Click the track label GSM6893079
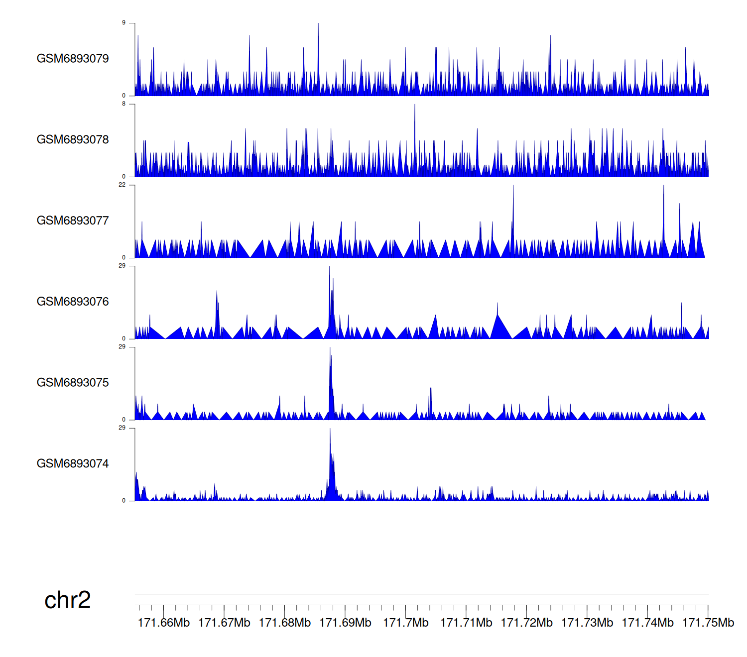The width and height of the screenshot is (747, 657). point(73,59)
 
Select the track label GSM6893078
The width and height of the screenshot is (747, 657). point(73,140)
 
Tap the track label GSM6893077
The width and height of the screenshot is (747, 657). point(73,221)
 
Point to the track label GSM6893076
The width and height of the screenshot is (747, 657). point(73,302)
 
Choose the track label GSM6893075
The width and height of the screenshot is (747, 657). point(73,383)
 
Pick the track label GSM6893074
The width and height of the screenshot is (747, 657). point(73,464)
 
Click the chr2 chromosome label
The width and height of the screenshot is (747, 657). point(68,600)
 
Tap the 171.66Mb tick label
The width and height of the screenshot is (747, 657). point(164,623)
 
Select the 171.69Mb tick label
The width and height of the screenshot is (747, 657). point(345,623)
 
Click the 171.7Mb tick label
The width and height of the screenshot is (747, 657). point(406,623)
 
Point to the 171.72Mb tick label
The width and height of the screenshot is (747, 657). point(526,623)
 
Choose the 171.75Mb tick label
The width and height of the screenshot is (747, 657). point(708,623)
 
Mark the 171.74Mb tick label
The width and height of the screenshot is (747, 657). point(647,623)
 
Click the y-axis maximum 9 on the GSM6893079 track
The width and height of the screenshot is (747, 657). point(124,23)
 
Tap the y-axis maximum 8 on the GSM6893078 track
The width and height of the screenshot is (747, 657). point(124,104)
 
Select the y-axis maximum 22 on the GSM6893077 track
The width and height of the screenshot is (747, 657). point(123,185)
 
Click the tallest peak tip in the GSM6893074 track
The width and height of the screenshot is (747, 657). point(330,429)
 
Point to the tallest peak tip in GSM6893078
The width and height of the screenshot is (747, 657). point(415,105)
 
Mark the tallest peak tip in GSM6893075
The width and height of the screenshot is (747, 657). point(330,347)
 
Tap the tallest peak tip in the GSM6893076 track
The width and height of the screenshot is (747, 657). point(329,266)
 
